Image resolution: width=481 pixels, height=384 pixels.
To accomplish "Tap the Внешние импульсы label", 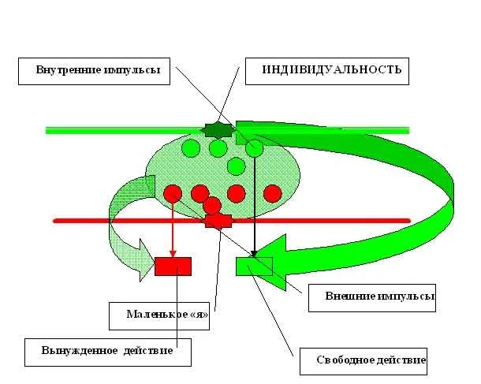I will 371,297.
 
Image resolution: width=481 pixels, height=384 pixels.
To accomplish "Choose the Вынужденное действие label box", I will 108,351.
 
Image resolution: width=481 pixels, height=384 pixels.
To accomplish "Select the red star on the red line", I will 218,221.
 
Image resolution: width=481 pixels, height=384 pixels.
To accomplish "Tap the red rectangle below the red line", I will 173,267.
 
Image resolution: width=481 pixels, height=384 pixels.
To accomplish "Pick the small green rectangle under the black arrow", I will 254,266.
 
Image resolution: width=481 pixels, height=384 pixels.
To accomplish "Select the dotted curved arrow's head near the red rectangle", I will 145,260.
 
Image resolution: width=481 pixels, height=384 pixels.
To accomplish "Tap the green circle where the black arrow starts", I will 254,147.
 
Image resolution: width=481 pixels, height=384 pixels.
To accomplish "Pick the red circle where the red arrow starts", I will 173,193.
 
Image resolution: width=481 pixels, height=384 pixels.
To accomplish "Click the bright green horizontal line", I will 118,130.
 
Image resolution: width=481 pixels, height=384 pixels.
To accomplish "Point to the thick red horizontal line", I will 118,221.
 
